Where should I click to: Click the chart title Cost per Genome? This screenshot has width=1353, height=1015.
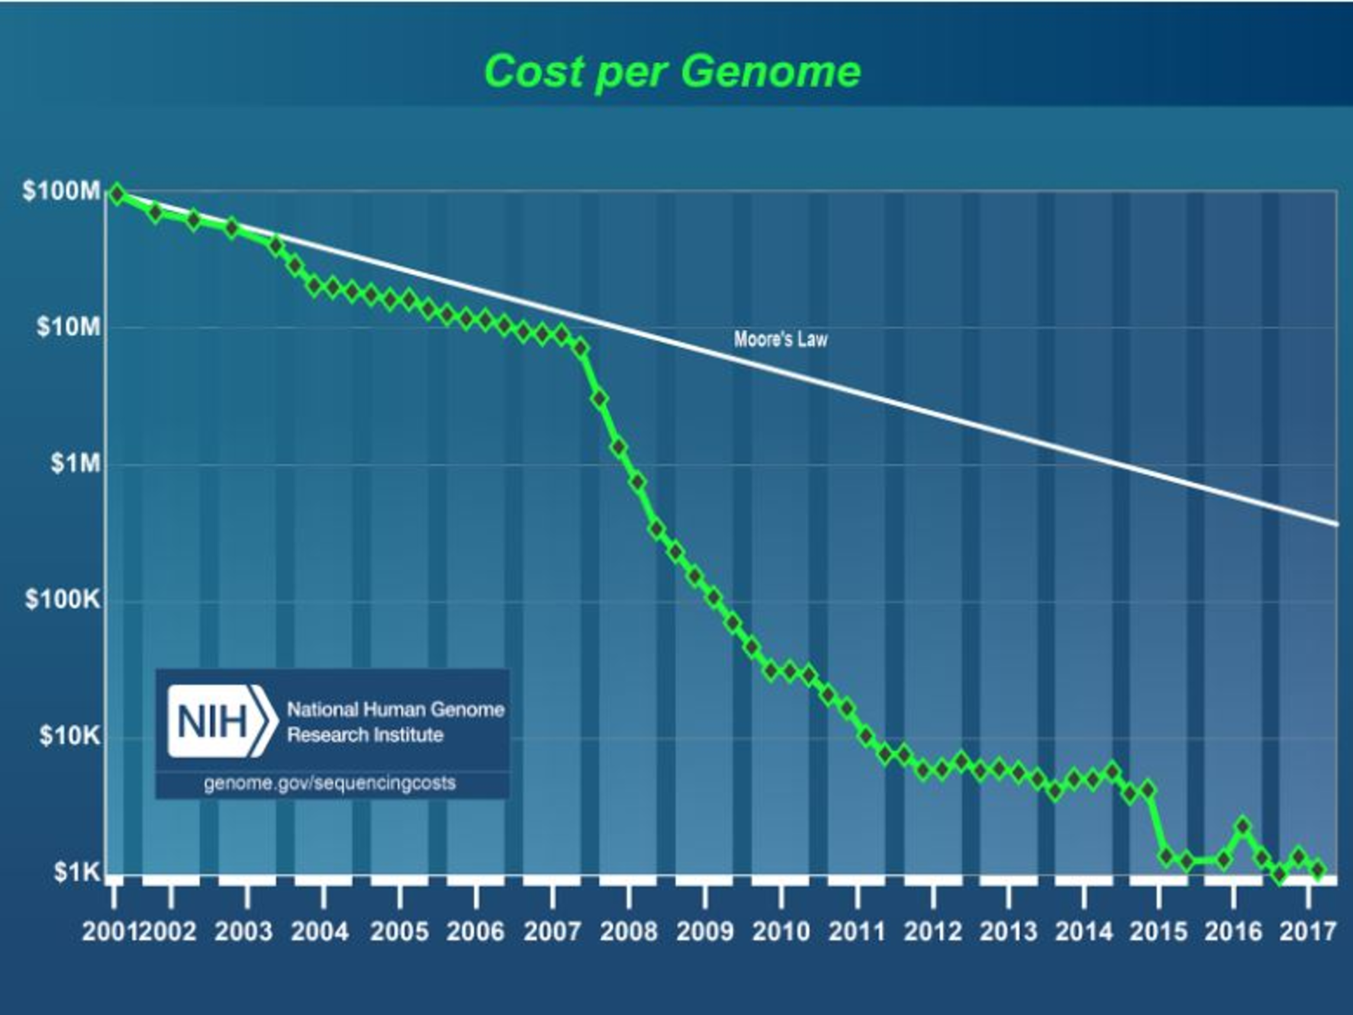pos(672,71)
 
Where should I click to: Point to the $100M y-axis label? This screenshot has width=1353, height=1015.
pos(61,191)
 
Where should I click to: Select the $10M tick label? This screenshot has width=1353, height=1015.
pos(69,327)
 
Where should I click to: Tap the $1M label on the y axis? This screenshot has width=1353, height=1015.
pos(75,463)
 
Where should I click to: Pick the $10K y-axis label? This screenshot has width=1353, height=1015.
pos(69,735)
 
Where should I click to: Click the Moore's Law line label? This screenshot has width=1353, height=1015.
pos(781,339)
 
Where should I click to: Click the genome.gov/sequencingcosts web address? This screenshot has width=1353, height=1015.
pos(330,783)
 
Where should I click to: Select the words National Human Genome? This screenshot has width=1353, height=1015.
pos(396,709)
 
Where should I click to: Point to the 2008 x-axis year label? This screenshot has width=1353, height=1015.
pos(628,932)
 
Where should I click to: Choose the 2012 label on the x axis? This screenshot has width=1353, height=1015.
pos(933,932)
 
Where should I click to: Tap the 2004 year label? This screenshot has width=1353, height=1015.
pos(320,932)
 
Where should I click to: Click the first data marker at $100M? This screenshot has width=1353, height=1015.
pos(116,195)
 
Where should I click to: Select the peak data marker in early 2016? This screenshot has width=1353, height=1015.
pos(1243,826)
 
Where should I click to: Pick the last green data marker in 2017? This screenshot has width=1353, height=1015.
pos(1319,869)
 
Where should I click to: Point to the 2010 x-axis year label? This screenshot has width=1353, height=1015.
pos(781,932)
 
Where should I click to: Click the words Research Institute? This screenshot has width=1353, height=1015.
pos(365,735)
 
